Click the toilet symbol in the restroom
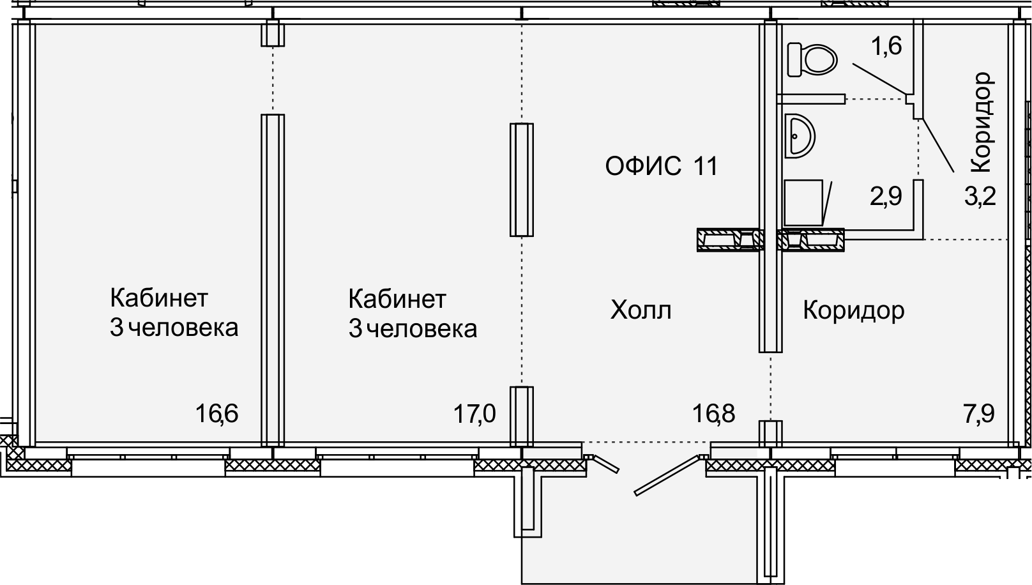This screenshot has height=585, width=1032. tap(812, 60)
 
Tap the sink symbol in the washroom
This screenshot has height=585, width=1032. tap(800, 136)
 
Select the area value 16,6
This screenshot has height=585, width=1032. tap(216, 413)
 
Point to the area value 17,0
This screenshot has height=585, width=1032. tap(474, 413)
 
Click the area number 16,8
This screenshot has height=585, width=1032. tap(713, 413)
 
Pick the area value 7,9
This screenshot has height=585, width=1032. tap(978, 413)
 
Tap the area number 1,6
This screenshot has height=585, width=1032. tap(886, 46)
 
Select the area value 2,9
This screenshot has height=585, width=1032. tap(886, 196)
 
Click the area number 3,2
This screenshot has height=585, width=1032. tap(980, 196)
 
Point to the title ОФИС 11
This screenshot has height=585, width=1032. tap(662, 166)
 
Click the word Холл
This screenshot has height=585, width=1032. tap(641, 310)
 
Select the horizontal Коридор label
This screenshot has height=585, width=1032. tap(854, 311)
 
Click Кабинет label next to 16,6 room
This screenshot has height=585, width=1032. tap(159, 298)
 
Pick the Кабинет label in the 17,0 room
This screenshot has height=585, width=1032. tap(397, 299)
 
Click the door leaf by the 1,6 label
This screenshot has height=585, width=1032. tap(879, 79)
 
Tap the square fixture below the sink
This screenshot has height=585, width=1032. tap(803, 202)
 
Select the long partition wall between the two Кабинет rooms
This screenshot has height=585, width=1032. tap(273, 280)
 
